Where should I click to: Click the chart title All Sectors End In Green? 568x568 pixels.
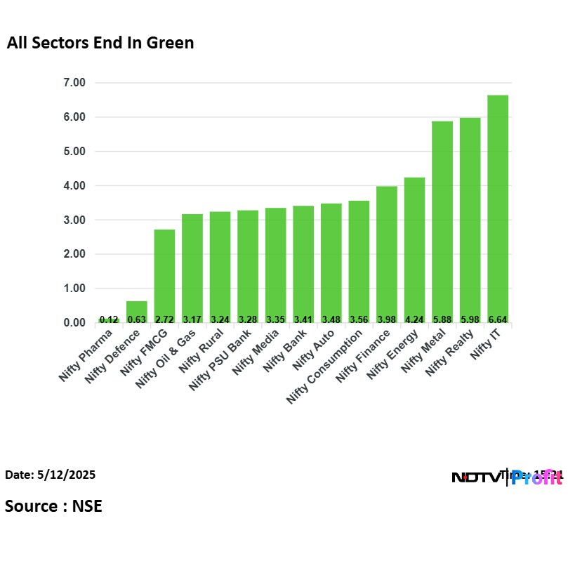tap(100, 44)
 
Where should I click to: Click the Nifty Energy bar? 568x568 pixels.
tap(414, 250)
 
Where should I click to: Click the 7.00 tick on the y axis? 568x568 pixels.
tap(74, 83)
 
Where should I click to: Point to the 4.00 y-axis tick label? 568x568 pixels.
tap(74, 186)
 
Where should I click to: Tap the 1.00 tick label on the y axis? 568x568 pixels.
tap(74, 289)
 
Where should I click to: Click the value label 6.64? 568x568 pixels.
tap(497, 319)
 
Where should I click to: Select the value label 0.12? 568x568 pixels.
tap(109, 319)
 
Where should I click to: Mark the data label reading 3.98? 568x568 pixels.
tap(386, 319)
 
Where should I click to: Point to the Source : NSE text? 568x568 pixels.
tap(53, 506)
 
